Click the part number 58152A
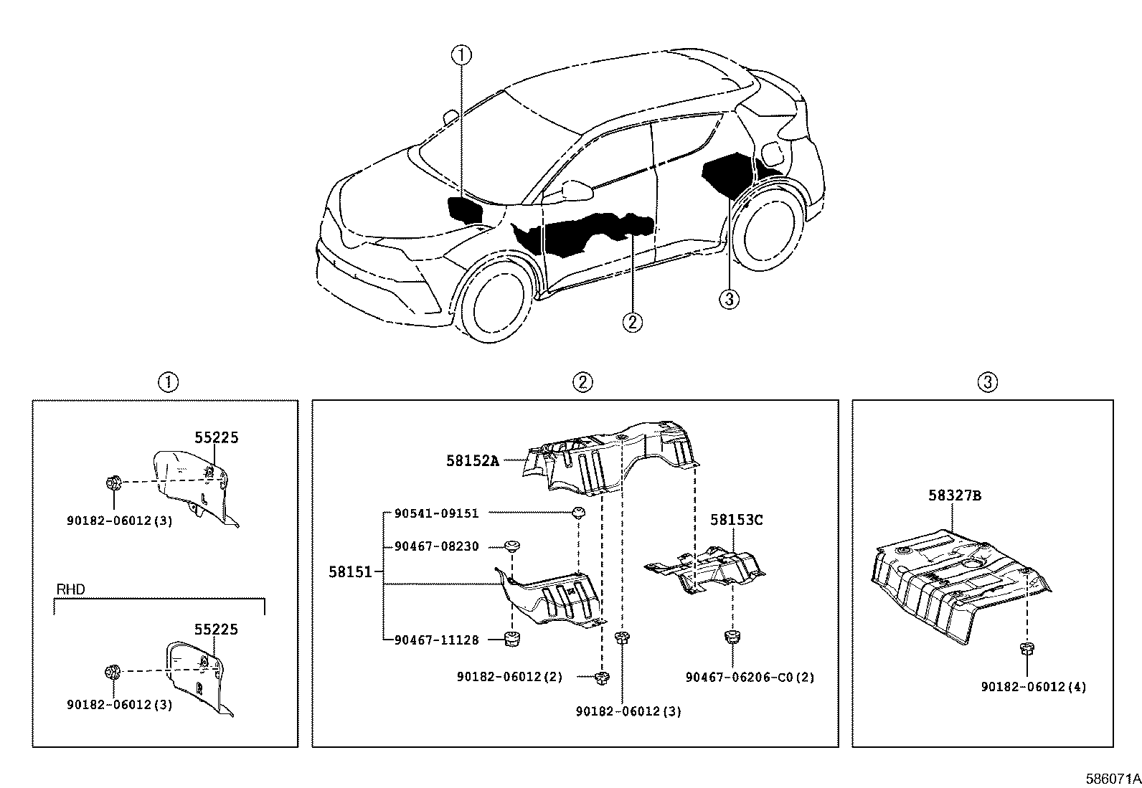coord(472,461)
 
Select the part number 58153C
coord(737,520)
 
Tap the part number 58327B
coord(954,495)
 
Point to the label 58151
coord(351,571)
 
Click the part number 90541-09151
coord(436,513)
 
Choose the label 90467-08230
coord(436,546)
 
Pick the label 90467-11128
coord(436,640)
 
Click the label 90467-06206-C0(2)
coord(750,677)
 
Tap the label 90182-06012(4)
coord(1034,687)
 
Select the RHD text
coord(70,590)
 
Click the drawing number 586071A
coord(1113,778)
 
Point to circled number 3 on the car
coord(728,298)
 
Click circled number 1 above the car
coord(461,54)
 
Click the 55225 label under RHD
coord(216,630)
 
